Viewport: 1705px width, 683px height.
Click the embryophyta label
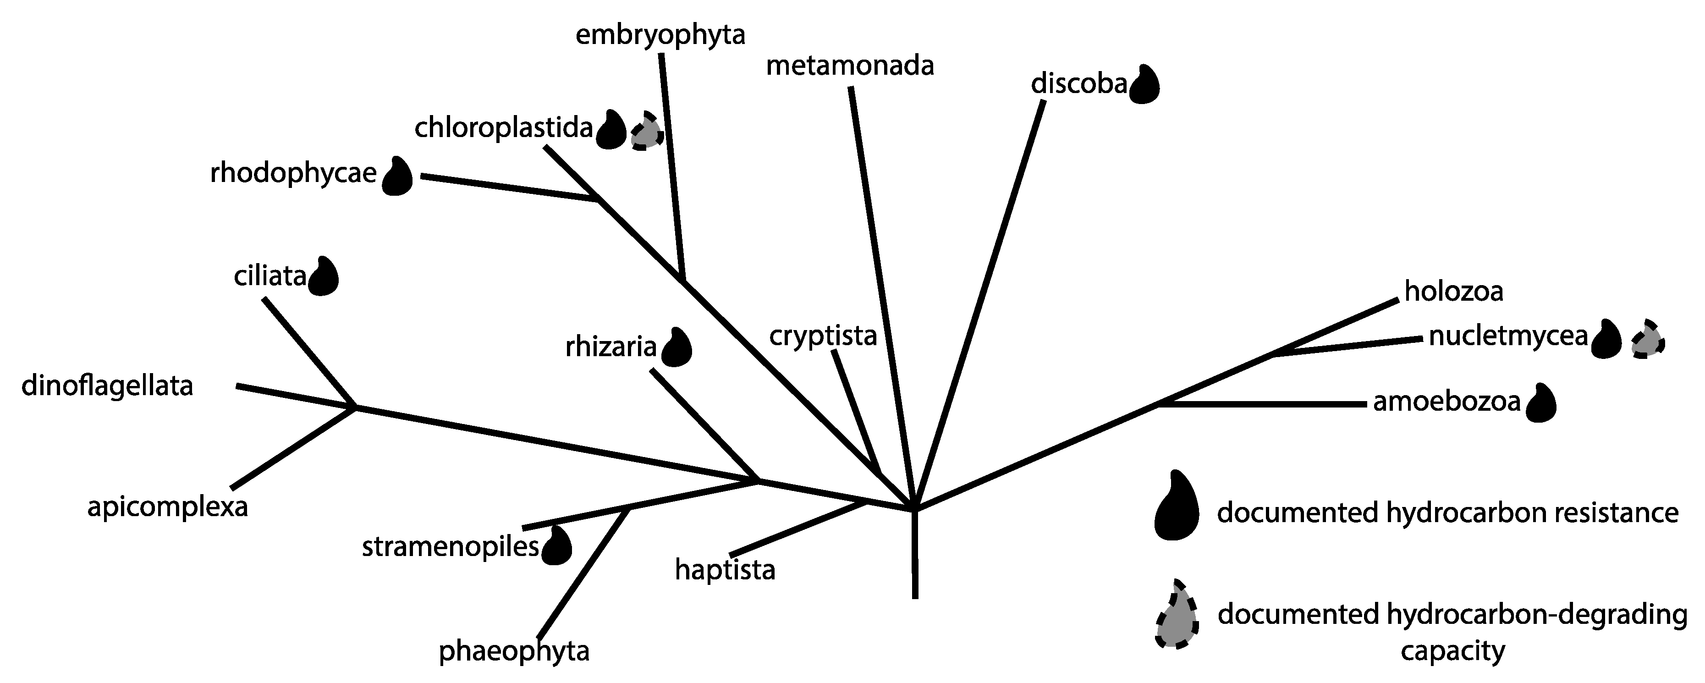(x=660, y=36)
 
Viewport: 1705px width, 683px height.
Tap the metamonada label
(x=850, y=67)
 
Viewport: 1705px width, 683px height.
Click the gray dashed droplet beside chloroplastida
(x=647, y=132)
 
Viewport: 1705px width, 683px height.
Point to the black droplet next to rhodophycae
(x=398, y=176)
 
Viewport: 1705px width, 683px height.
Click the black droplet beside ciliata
(x=324, y=277)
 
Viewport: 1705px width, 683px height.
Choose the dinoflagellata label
(x=107, y=386)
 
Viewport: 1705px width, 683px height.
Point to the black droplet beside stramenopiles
(x=556, y=546)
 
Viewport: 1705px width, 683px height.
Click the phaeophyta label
(x=514, y=652)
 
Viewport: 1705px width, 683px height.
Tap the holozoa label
(x=1453, y=292)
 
